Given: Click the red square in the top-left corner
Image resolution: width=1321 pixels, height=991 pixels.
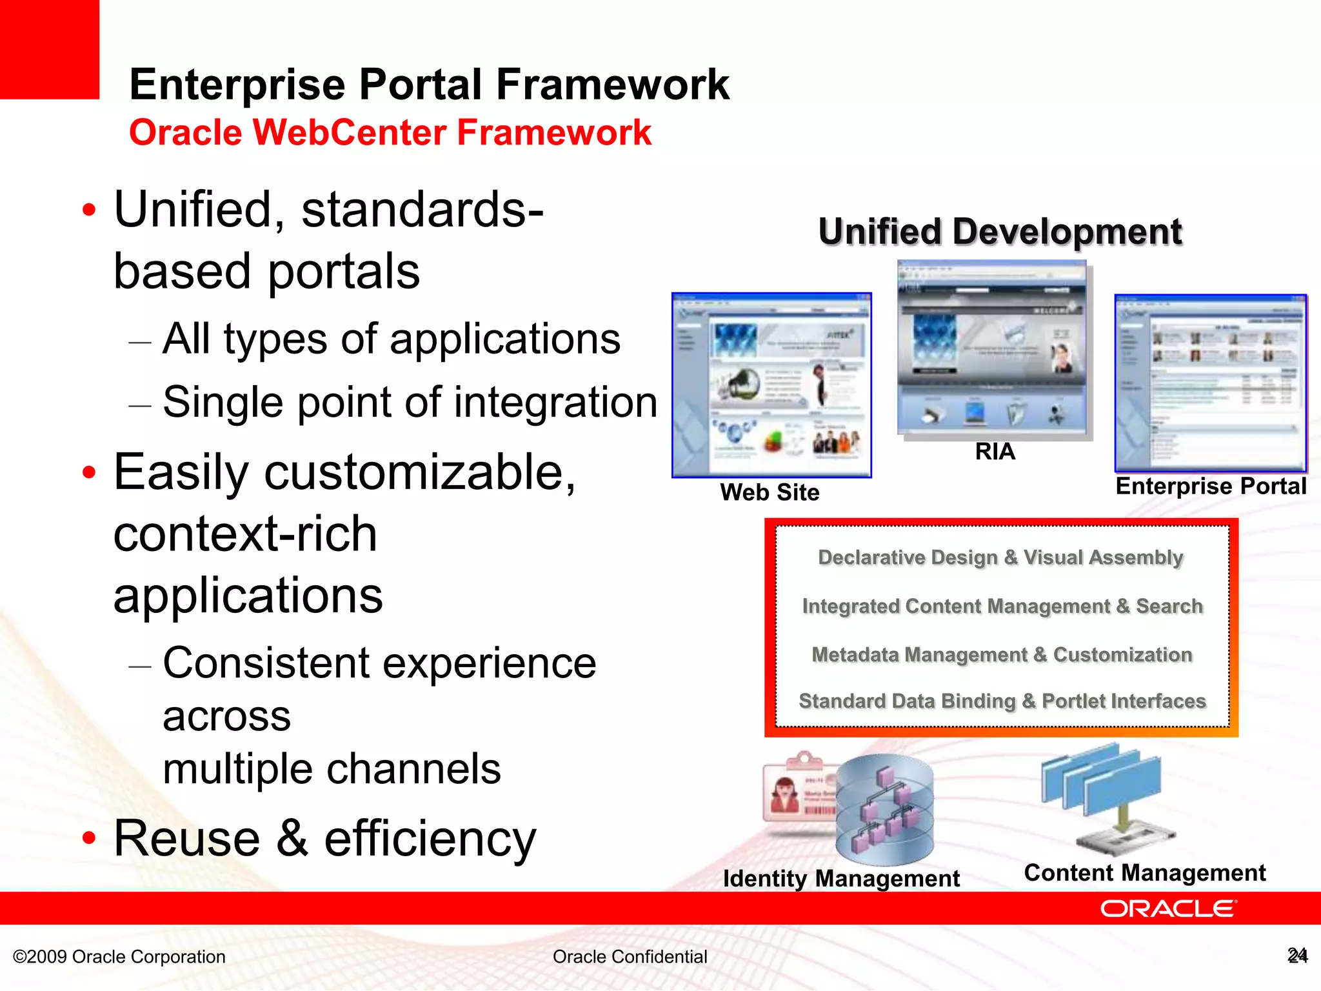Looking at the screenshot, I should pos(49,49).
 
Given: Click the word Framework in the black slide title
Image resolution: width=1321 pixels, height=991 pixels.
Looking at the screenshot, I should pos(612,85).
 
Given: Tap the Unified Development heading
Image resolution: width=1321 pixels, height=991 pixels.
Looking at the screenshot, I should pos(1000,232).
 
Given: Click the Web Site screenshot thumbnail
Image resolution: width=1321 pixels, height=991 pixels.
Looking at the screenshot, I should pos(771,385).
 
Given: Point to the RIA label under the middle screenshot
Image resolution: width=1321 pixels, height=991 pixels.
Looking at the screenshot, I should pos(995,452).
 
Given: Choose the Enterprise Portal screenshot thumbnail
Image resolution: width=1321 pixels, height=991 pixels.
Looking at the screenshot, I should pos(1211,383).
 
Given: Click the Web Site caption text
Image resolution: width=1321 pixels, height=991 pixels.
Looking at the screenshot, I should pos(770,492).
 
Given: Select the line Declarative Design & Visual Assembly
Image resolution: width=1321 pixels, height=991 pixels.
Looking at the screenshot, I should pos(1000,557).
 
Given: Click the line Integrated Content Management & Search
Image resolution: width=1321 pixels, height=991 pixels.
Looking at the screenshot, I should pos(1002,606).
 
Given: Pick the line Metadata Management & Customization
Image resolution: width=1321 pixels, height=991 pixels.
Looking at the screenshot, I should pos(1002,655).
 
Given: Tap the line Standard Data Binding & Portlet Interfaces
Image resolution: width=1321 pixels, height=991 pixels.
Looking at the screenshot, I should pos(1002,701).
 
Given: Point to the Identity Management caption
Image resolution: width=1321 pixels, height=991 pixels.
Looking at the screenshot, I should pos(841,879).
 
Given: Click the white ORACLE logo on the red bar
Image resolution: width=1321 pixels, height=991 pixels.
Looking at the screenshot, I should pos(1168,908).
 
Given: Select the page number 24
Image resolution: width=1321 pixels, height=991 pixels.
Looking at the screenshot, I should pos(1297,956).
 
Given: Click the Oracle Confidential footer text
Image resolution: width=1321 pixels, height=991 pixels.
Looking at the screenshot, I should pos(630,957).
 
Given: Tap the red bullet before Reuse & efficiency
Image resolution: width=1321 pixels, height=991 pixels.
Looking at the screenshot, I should pos(89,839).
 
